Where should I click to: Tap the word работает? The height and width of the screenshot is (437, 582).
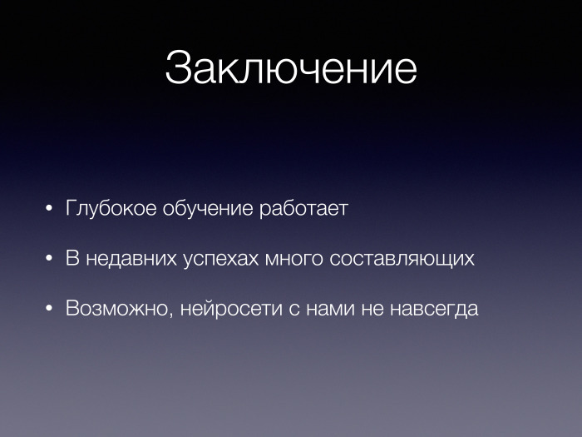[x=302, y=208]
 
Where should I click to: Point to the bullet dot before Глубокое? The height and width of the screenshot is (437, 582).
[x=50, y=208]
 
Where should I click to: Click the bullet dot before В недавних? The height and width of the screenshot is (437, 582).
[x=50, y=258]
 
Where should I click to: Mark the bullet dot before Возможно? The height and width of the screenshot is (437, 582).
[x=50, y=309]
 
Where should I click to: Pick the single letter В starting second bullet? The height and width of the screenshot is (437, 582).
[x=72, y=258]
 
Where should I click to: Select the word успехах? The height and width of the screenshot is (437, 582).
[x=219, y=258]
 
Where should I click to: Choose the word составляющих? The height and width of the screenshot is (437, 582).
[x=402, y=258]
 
